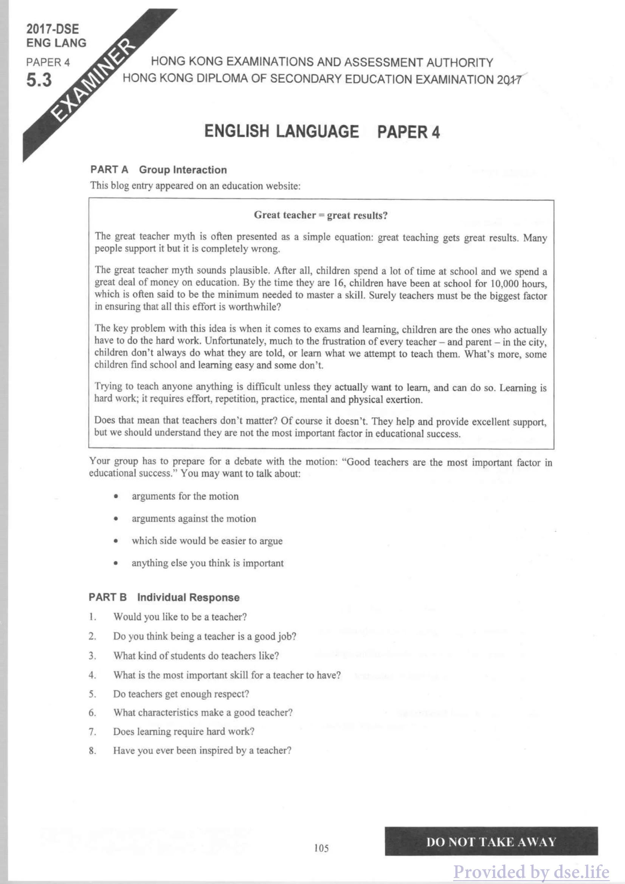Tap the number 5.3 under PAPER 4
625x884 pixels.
pyautogui.click(x=39, y=80)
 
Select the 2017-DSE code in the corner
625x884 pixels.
pyautogui.click(x=53, y=29)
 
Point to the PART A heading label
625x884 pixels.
pyautogui.click(x=109, y=170)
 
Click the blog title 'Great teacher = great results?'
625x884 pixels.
pyautogui.click(x=320, y=215)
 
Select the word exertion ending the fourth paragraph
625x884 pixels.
pyautogui.click(x=404, y=399)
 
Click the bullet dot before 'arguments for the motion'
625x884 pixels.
pyautogui.click(x=116, y=497)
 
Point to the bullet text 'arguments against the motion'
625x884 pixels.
pyautogui.click(x=194, y=519)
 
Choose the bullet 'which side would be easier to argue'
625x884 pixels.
pyautogui.click(x=207, y=541)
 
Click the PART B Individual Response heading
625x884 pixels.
pyautogui.click(x=164, y=598)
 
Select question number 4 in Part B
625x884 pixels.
pyautogui.click(x=92, y=675)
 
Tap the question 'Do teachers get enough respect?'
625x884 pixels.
pyautogui.click(x=181, y=694)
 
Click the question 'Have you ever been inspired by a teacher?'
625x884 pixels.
pyautogui.click(x=202, y=751)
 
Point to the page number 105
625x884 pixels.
pyautogui.click(x=321, y=848)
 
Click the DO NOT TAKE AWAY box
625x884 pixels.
pyautogui.click(x=491, y=842)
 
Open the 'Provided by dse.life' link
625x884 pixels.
pyautogui.click(x=531, y=872)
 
